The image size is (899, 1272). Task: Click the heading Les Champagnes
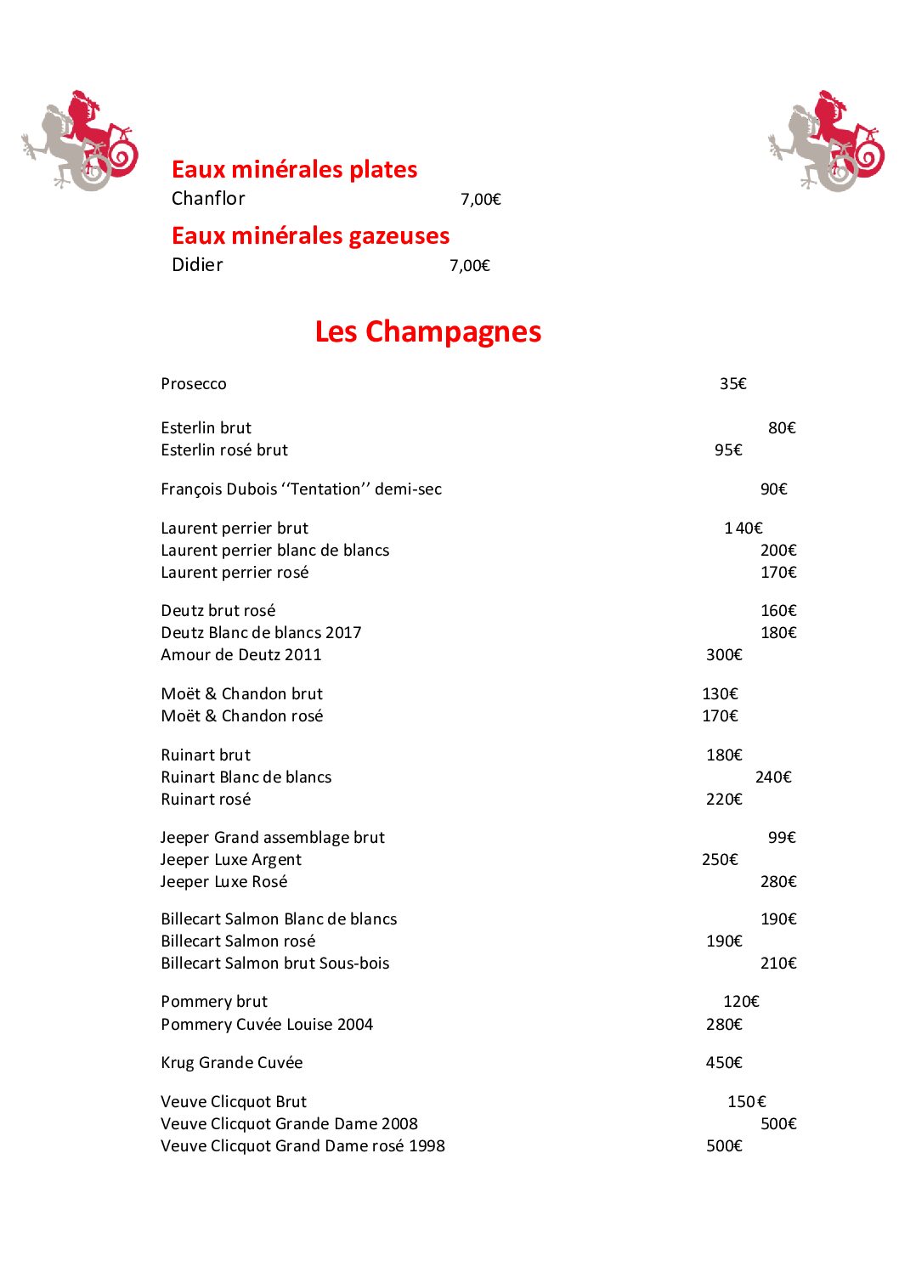(427, 331)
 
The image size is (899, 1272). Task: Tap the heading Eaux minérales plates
(294, 169)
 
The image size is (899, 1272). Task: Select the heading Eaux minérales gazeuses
(310, 235)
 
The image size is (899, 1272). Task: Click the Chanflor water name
(208, 199)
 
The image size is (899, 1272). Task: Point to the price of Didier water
(470, 266)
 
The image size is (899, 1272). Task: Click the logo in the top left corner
(81, 140)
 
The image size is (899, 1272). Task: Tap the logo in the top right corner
(827, 141)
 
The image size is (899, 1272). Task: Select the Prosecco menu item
(194, 384)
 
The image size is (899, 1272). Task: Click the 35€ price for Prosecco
(732, 384)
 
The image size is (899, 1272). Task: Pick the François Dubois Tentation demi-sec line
(301, 489)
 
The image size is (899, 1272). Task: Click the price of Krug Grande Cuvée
(724, 1063)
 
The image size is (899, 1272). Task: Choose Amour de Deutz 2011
(241, 655)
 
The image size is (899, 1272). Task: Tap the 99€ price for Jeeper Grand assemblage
(782, 838)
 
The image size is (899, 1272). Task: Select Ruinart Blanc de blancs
(246, 777)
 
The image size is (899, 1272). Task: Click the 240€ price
(773, 777)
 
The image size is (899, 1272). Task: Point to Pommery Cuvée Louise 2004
(267, 1025)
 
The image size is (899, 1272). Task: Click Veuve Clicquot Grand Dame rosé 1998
(302, 1146)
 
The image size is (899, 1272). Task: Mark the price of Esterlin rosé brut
(728, 450)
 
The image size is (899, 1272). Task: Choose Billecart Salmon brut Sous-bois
(275, 964)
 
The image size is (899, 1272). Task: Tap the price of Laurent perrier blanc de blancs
(778, 551)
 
